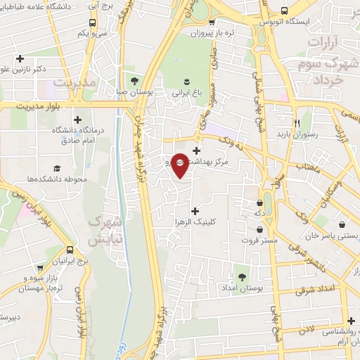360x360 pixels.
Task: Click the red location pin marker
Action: (x=180, y=165)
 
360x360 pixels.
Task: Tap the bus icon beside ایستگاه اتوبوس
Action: (x=284, y=11)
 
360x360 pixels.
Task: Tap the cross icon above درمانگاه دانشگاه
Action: (x=77, y=120)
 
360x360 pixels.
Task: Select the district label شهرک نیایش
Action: (x=106, y=231)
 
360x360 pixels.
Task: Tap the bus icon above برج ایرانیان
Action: (x=70, y=250)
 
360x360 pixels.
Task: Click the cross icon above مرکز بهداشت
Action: (x=196, y=150)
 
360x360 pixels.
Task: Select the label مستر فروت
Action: (x=261, y=240)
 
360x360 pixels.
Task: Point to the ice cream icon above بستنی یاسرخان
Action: (x=342, y=225)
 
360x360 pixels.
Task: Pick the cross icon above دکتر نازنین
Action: (x=20, y=58)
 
